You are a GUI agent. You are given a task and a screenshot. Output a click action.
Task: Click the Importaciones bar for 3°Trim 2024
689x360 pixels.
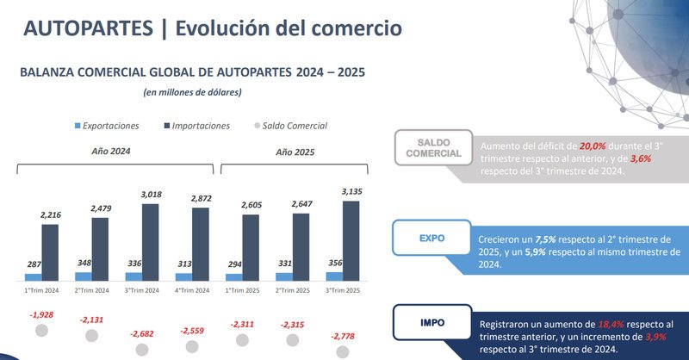point(151,242)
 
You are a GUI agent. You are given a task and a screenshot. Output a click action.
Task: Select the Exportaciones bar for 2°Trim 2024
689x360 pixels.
point(84,276)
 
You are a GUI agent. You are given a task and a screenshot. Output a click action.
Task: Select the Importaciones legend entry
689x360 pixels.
point(196,126)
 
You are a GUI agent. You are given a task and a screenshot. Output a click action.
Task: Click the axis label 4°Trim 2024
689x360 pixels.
point(191,290)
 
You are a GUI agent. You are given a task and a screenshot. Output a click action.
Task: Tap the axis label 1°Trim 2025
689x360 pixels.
point(242,290)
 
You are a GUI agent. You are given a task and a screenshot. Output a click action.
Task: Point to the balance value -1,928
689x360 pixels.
point(40,314)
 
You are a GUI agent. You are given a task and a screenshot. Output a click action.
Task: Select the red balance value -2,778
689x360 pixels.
point(344,337)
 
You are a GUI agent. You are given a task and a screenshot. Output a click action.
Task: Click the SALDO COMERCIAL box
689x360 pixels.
point(433,147)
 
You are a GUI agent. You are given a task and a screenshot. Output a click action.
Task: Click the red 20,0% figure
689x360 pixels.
point(593,146)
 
